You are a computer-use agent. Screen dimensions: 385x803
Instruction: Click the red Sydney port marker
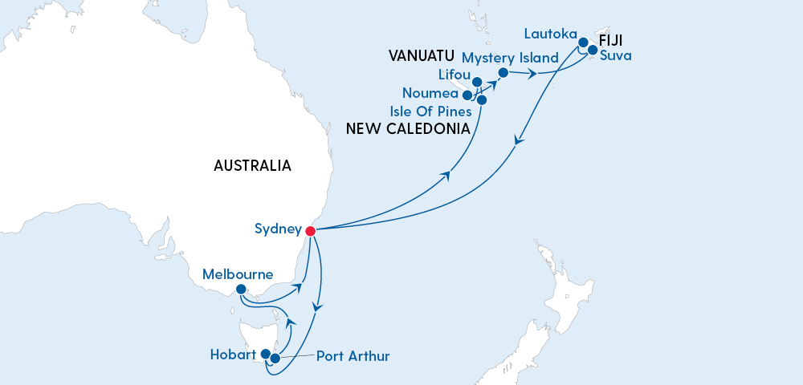click(x=311, y=231)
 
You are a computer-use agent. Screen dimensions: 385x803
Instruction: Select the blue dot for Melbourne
click(x=241, y=290)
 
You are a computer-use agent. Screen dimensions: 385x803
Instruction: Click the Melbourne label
click(x=238, y=274)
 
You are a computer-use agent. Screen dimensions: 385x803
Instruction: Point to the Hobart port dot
click(x=266, y=354)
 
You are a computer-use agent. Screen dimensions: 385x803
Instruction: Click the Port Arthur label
click(x=353, y=355)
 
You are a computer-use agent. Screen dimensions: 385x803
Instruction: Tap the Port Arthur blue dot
click(x=275, y=359)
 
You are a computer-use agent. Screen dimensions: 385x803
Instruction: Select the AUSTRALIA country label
click(x=252, y=166)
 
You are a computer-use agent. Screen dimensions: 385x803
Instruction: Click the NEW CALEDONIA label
click(x=407, y=128)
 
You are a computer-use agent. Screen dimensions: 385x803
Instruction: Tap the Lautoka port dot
click(x=584, y=43)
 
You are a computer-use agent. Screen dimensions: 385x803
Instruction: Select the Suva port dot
click(x=593, y=51)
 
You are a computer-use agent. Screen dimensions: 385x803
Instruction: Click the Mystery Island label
click(x=510, y=58)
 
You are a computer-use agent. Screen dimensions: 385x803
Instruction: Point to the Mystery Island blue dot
click(x=503, y=73)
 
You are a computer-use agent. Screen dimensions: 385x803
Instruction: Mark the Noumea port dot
click(x=467, y=95)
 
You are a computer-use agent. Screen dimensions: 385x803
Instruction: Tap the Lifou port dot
click(x=477, y=82)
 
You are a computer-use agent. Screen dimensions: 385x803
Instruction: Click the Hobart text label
click(x=233, y=354)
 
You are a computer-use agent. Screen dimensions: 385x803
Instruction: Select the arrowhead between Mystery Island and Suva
click(x=532, y=75)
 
